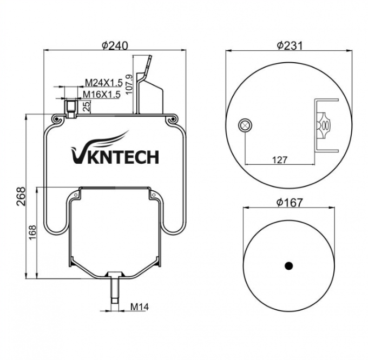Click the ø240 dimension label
(x=115, y=46)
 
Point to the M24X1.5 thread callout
(x=103, y=83)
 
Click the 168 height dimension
(x=32, y=232)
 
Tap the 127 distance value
(x=279, y=159)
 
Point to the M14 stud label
(x=140, y=307)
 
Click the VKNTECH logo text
(x=115, y=157)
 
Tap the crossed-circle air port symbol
(x=245, y=126)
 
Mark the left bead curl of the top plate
(x=56, y=118)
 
